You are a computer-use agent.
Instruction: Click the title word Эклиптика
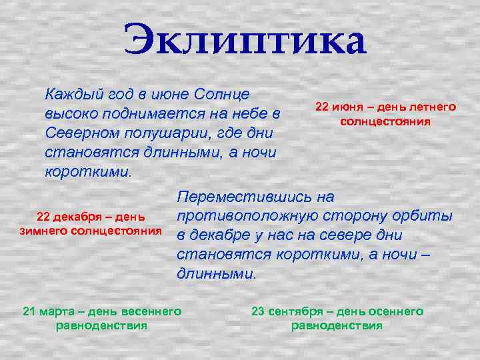[244, 41]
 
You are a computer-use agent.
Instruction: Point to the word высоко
[71, 113]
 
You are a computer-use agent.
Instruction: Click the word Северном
[79, 132]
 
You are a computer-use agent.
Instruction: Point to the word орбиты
[423, 216]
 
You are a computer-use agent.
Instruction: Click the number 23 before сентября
[257, 311]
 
